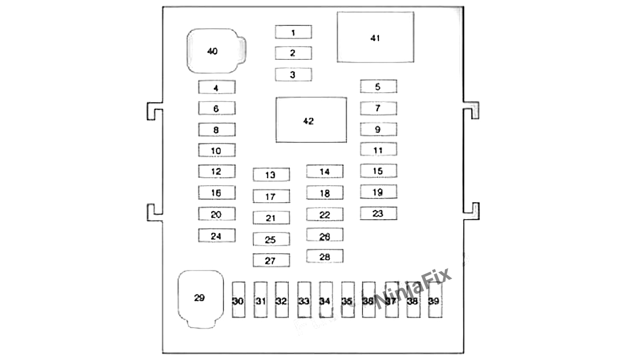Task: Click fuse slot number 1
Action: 293,32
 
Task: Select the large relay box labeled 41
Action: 376,37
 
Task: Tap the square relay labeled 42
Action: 311,120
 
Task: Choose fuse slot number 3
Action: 293,75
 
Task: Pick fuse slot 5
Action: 378,87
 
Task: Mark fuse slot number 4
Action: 216,87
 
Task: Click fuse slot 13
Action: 271,175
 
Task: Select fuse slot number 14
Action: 324,172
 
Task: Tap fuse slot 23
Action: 378,213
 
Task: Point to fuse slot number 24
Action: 216,236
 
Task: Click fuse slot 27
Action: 271,260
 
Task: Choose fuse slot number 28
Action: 324,256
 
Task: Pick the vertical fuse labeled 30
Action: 238,300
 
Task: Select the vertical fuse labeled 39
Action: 434,300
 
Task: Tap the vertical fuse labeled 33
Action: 304,300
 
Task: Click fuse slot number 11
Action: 378,150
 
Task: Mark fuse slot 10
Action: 216,150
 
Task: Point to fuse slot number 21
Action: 271,218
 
